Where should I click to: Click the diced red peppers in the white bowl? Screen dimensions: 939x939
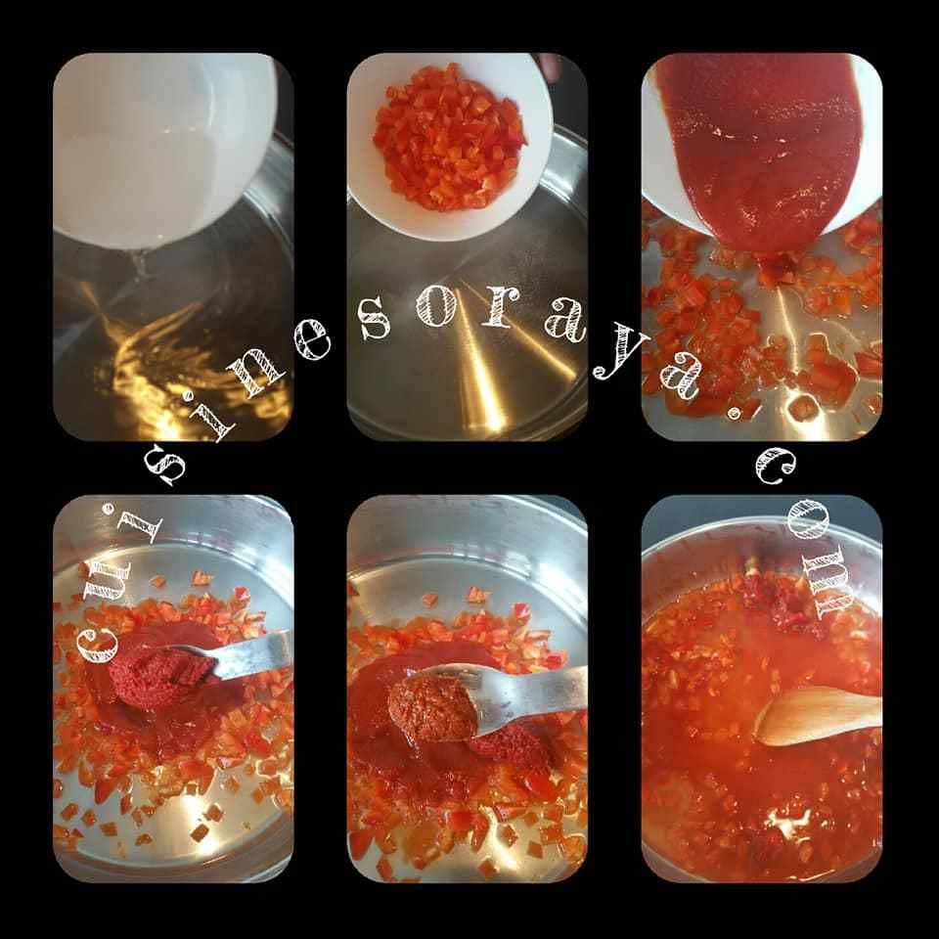(x=449, y=138)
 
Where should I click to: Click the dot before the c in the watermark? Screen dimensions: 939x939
(x=734, y=413)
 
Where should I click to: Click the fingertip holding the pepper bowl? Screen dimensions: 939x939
(x=549, y=66)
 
